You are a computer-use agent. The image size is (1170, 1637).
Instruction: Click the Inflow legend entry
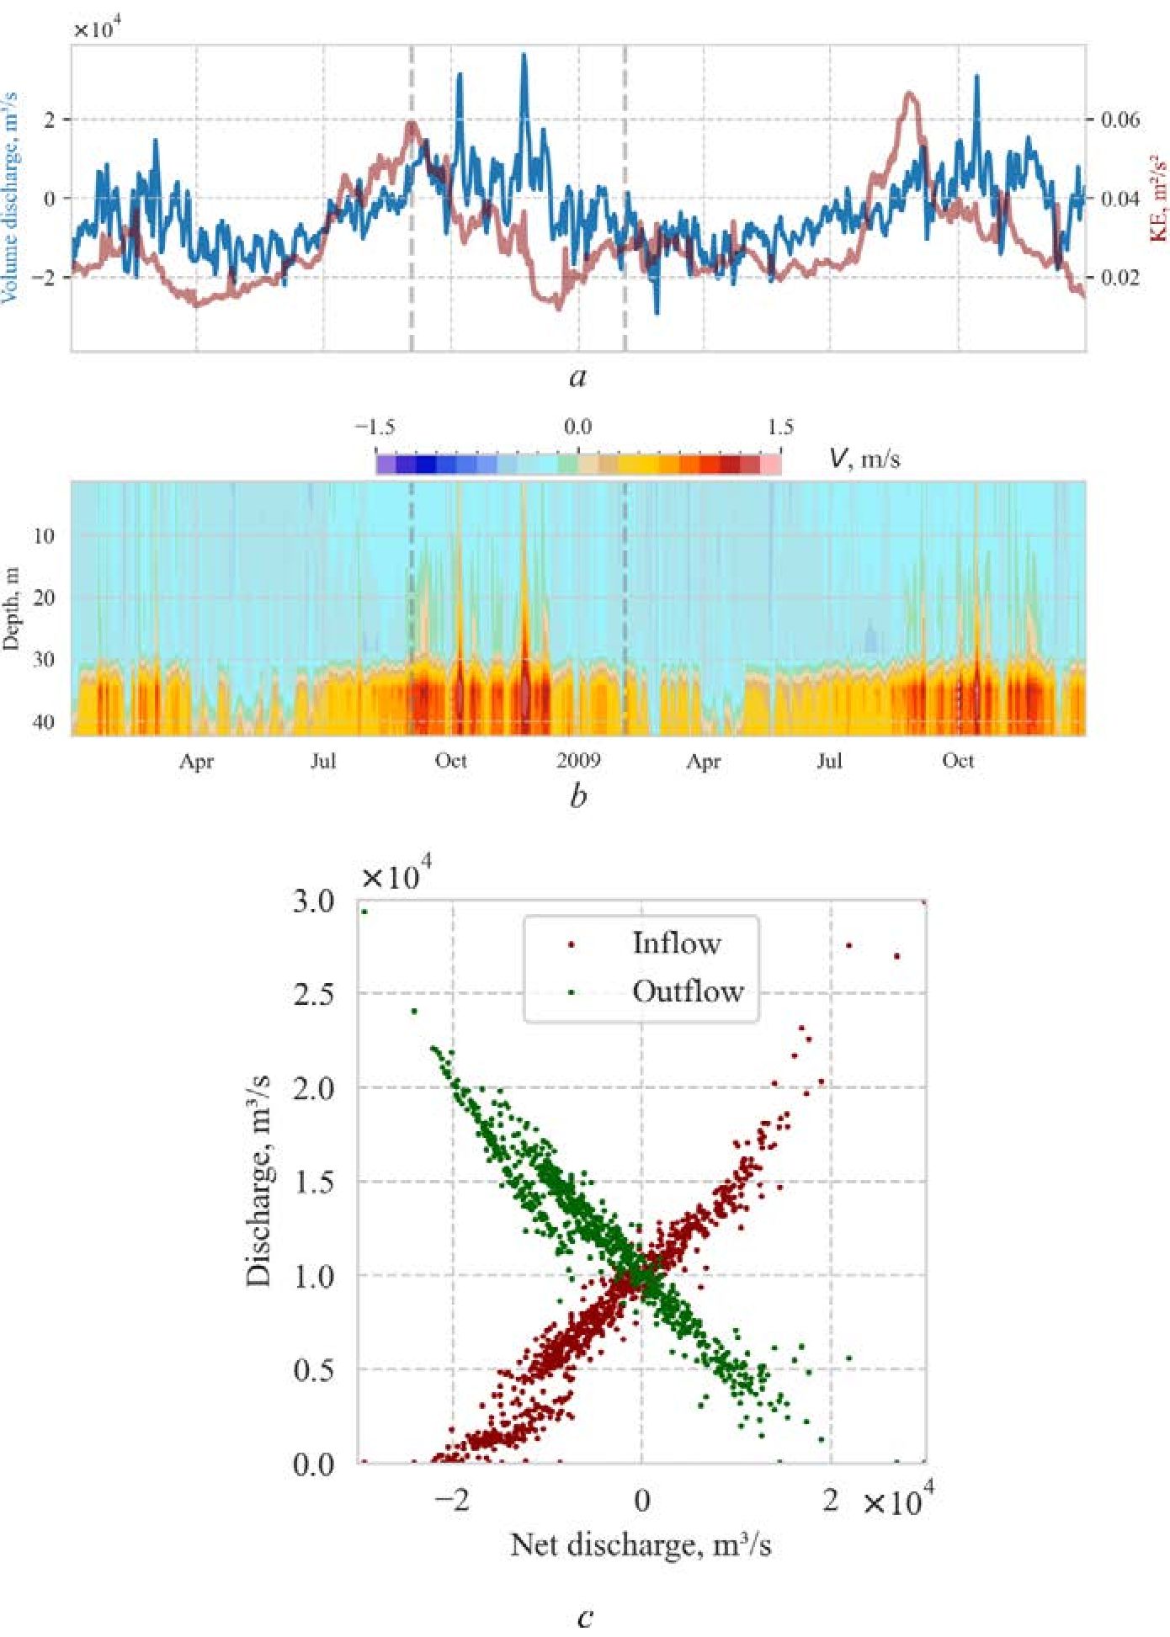[676, 943]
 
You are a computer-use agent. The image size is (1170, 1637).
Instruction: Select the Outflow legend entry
[687, 991]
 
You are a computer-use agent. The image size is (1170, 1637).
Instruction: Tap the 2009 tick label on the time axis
[578, 761]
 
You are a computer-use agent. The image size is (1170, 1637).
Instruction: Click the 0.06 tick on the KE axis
[1120, 120]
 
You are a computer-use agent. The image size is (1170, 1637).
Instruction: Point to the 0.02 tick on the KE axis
[1120, 278]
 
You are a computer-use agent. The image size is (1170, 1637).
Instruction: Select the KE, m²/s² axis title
[1158, 198]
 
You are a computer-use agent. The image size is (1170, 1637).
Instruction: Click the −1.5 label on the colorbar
[375, 428]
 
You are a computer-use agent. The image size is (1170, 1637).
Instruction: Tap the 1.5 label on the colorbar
[779, 428]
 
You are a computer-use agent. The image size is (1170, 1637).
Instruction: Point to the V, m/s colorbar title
[864, 459]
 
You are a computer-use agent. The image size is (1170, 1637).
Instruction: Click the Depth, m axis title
[11, 608]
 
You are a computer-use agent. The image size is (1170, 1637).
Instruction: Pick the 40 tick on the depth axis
[44, 721]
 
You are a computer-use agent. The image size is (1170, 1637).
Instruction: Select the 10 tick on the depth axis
[44, 535]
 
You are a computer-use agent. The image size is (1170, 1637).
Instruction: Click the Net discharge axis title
[641, 1545]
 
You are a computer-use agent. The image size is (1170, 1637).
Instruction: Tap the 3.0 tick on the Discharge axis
[313, 901]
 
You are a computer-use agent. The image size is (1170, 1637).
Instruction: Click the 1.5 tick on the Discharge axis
[313, 1183]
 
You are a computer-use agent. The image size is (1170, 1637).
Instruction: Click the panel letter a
[577, 377]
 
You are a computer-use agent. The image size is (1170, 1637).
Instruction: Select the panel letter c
[586, 1616]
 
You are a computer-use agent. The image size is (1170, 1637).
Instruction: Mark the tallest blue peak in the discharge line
[524, 56]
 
